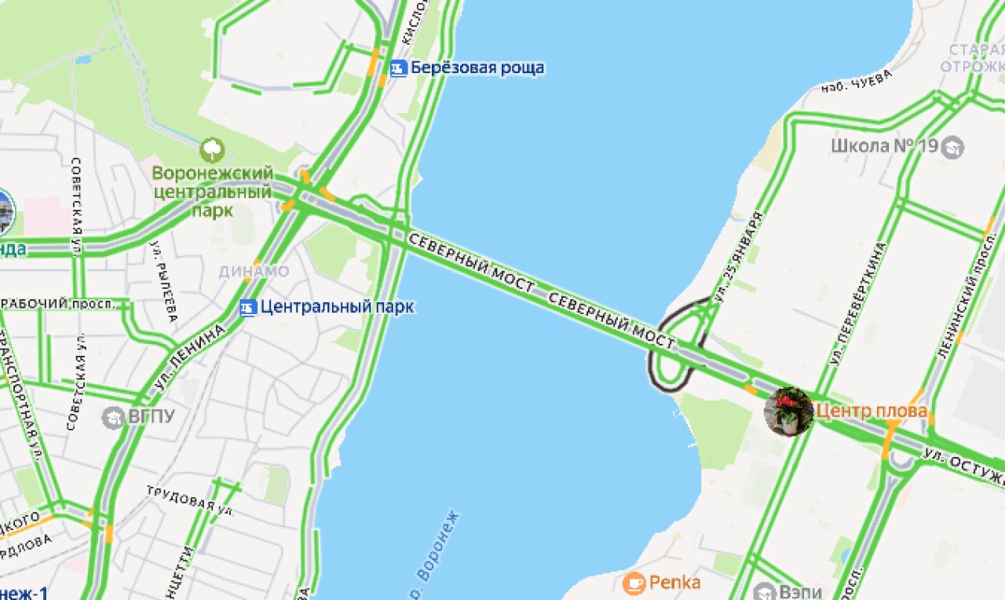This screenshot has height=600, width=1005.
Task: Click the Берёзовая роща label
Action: pyautogui.click(x=477, y=68)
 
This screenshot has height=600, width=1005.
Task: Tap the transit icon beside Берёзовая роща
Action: pyautogui.click(x=399, y=68)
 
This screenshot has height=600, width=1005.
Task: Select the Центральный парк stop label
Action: pyautogui.click(x=337, y=307)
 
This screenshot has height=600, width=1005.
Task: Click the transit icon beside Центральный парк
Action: pyautogui.click(x=248, y=307)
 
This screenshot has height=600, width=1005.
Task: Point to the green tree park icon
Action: pyautogui.click(x=212, y=149)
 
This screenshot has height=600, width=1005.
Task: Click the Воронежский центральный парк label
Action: pyautogui.click(x=213, y=191)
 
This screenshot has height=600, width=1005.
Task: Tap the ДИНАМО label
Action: pyautogui.click(x=254, y=272)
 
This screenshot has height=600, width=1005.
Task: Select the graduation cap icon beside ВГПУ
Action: pyautogui.click(x=113, y=417)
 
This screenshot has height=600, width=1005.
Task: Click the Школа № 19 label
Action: pyautogui.click(x=883, y=146)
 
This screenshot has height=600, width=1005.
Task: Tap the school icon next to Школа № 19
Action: pyautogui.click(x=952, y=147)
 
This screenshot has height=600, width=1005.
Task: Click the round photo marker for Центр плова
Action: pyautogui.click(x=788, y=411)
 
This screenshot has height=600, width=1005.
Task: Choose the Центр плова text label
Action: pyautogui.click(x=872, y=411)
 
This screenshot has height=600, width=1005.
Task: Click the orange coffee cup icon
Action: pyautogui.click(x=634, y=583)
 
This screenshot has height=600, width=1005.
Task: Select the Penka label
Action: pyautogui.click(x=674, y=583)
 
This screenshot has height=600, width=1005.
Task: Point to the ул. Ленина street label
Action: pyautogui.click(x=196, y=355)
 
